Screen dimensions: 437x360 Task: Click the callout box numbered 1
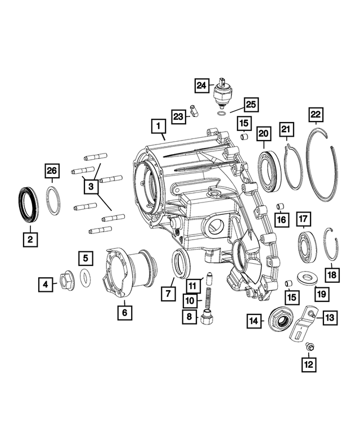tap(159, 125)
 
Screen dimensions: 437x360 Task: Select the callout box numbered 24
tap(201, 85)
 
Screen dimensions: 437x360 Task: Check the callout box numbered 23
tap(178, 116)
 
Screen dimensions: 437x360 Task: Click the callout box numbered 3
tap(90, 185)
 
